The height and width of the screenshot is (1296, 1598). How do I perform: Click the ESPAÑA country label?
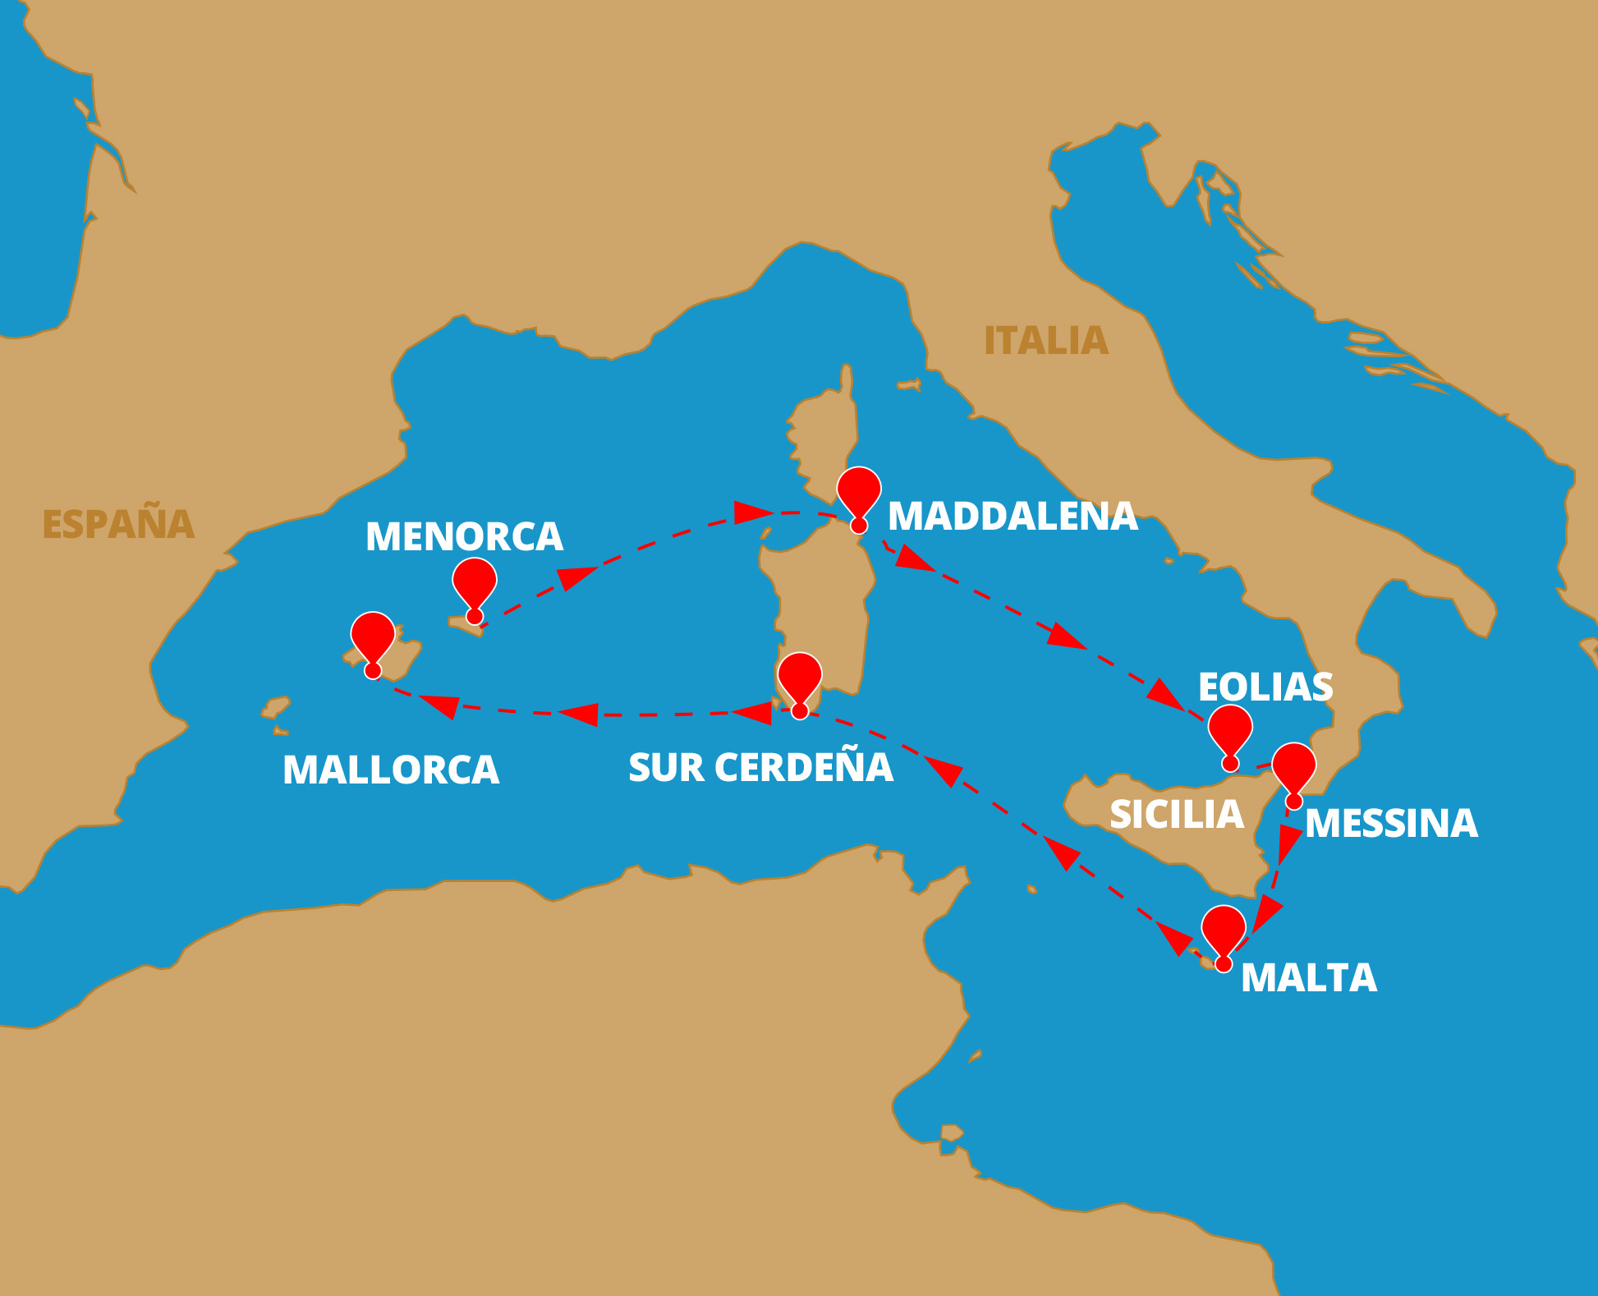(x=118, y=524)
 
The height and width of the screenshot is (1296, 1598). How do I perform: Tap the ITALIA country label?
(x=1045, y=341)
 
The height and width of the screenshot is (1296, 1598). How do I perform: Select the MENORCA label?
(x=464, y=537)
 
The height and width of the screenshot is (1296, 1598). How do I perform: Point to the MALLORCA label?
(x=391, y=770)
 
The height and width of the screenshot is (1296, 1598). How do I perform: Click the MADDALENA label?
(x=1013, y=517)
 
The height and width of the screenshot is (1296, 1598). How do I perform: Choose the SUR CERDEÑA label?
(x=760, y=768)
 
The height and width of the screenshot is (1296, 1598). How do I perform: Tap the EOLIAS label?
(x=1265, y=687)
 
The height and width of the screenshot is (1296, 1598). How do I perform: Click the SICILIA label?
(x=1176, y=815)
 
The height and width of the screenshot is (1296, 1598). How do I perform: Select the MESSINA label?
(x=1391, y=824)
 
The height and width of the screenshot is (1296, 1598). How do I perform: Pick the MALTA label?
(x=1308, y=978)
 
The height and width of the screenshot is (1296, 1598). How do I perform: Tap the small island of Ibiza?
(x=276, y=707)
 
